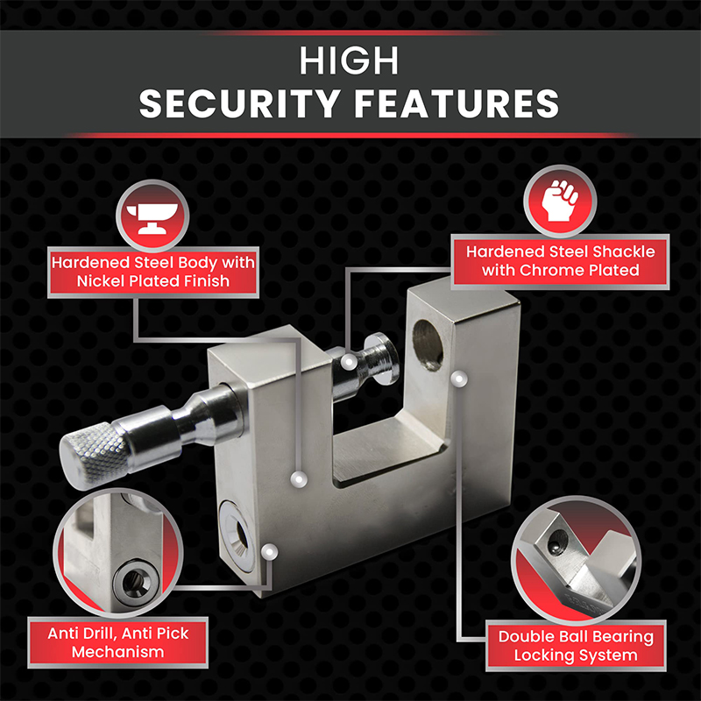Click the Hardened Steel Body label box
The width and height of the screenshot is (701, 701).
(x=152, y=272)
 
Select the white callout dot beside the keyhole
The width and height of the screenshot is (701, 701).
(x=270, y=551)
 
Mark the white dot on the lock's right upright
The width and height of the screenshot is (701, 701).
(x=457, y=377)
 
